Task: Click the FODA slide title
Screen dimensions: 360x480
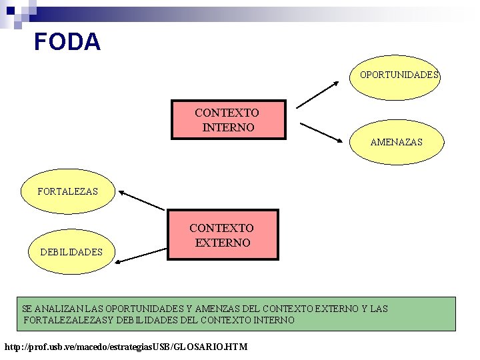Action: [67, 42]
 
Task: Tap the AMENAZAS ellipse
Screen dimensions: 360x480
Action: [397, 142]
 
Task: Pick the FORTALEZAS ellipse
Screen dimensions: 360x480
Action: [68, 191]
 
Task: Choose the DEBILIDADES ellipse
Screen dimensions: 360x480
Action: [71, 252]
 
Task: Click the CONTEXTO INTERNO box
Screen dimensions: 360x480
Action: [228, 120]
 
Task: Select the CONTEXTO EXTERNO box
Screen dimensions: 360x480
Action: [223, 235]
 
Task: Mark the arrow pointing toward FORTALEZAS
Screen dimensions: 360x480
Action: [141, 201]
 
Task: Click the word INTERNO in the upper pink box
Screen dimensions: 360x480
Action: [228, 127]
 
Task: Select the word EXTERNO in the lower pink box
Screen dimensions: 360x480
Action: [223, 243]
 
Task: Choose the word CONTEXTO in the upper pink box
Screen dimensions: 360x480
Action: [227, 113]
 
